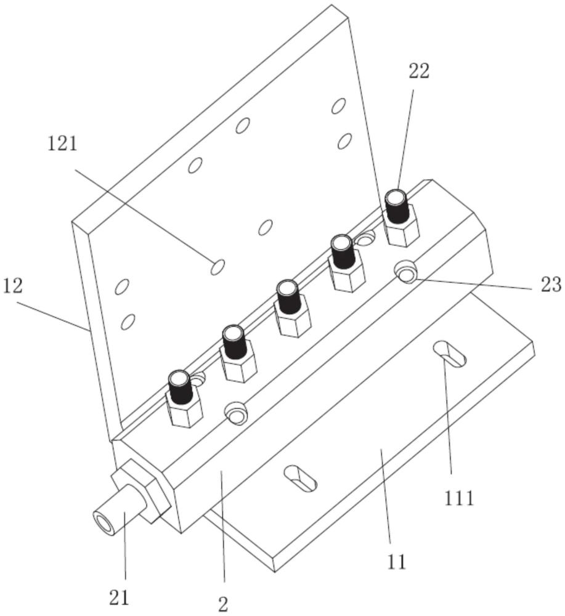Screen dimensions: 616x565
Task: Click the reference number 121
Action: tap(63, 145)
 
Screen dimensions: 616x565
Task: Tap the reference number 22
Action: tap(418, 72)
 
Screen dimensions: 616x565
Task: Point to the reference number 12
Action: tap(14, 286)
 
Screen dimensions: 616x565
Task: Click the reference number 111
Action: tap(457, 497)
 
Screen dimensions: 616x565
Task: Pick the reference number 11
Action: tap(397, 562)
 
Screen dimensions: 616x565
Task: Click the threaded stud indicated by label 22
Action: tap(397, 208)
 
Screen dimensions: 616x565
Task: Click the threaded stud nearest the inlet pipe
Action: tap(180, 388)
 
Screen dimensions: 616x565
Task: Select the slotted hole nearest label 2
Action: tap(300, 478)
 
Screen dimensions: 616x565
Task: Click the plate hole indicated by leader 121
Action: tap(217, 267)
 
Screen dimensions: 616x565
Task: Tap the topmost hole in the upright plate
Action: tap(338, 105)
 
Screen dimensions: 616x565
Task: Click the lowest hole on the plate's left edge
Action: tap(128, 320)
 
